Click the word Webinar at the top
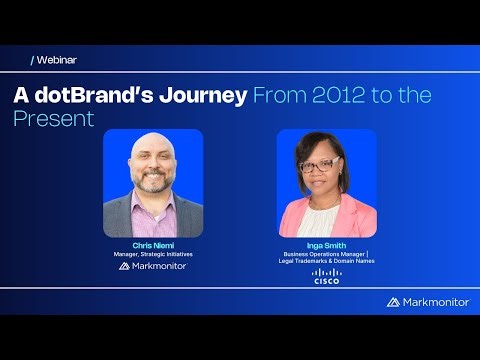58,60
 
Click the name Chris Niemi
153,244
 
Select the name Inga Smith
326,244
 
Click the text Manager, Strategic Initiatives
153,254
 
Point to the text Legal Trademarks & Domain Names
326,262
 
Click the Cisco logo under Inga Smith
326,277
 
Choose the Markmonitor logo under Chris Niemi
153,266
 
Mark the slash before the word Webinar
33,60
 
